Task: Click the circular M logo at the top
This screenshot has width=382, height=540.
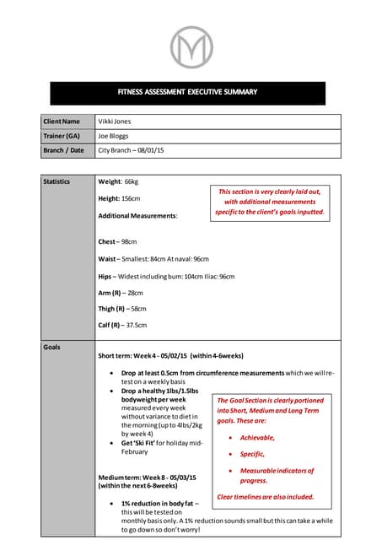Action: coord(191,47)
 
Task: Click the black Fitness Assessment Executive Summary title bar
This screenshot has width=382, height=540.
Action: coord(187,92)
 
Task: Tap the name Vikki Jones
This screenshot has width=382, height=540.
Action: coord(115,121)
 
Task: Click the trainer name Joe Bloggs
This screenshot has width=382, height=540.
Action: coord(114,136)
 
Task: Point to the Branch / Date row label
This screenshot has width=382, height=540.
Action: coord(63,150)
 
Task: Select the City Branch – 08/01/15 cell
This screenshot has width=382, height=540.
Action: coord(131,150)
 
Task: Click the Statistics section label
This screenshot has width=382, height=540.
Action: coord(58,181)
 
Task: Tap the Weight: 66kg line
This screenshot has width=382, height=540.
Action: coord(118,181)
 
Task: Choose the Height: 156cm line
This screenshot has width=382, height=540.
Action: coord(119,198)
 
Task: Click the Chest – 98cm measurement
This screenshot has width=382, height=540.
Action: coord(117,241)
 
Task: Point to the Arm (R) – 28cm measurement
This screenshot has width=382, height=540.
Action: coord(121,292)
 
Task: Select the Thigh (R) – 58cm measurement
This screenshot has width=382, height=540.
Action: coord(122,308)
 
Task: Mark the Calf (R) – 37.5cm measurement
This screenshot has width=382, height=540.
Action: coord(123,324)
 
